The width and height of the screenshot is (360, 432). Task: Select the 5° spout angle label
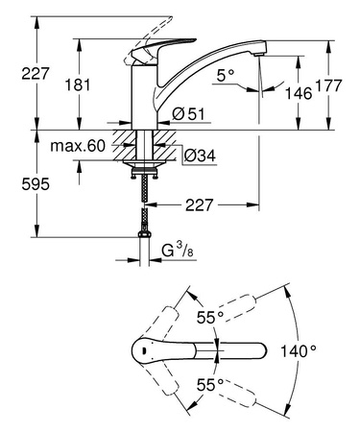point(226,74)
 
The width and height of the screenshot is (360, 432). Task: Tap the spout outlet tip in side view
point(257,60)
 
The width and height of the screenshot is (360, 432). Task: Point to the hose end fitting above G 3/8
point(143,234)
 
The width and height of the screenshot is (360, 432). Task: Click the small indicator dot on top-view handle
point(143,352)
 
